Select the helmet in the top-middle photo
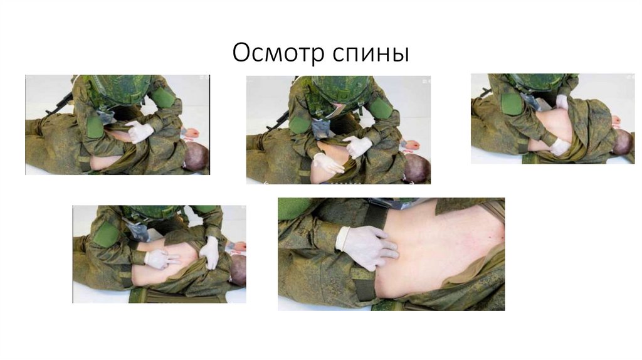pyautogui.click(x=338, y=87)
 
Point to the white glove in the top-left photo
pyautogui.click(x=139, y=132)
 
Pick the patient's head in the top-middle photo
pyautogui.click(x=416, y=167)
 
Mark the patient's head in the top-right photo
pyautogui.click(x=622, y=143)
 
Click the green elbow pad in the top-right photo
pyautogui.click(x=511, y=103)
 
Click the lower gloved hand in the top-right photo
pyautogui.click(x=560, y=147)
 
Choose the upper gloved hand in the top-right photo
pyautogui.click(x=562, y=101)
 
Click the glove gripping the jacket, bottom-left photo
pyautogui.click(x=210, y=252)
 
